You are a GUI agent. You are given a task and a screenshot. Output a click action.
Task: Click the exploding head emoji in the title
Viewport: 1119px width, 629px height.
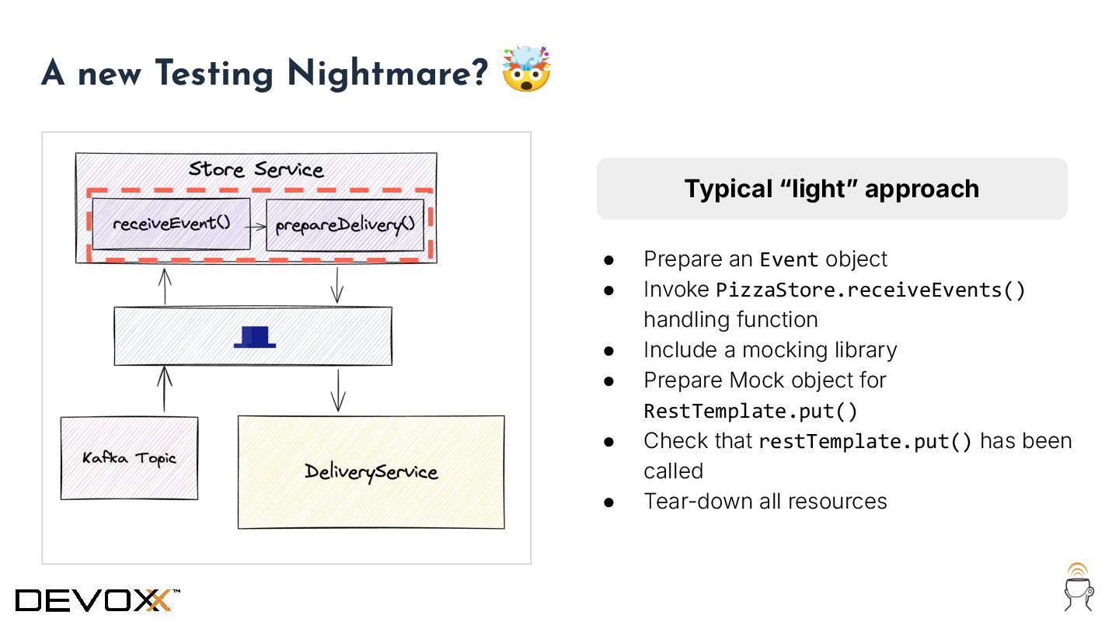click(526, 69)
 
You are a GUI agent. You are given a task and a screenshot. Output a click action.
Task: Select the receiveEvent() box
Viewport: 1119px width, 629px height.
click(172, 224)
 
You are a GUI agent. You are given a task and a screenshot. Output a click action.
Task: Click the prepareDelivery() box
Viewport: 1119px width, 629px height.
click(345, 225)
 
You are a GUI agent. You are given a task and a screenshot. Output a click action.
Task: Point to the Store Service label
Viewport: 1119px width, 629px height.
click(256, 169)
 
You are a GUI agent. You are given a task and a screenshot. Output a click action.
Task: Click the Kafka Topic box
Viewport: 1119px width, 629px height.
click(130, 458)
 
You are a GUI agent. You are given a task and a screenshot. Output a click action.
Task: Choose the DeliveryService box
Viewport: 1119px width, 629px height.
click(371, 471)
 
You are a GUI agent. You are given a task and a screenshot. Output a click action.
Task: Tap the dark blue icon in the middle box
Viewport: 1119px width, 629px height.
click(255, 336)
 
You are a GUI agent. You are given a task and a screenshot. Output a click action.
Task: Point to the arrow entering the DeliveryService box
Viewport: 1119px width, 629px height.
click(337, 391)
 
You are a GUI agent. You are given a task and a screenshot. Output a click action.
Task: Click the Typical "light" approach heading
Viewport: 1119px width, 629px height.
click(831, 189)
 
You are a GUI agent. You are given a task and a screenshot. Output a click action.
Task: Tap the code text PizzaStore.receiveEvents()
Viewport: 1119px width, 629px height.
click(870, 290)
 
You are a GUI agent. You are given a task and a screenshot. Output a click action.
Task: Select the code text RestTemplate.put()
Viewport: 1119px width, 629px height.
click(751, 411)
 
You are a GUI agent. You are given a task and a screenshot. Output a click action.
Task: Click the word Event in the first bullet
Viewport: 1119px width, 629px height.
click(789, 259)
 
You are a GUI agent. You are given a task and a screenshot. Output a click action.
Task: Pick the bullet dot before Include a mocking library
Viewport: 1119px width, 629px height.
click(609, 350)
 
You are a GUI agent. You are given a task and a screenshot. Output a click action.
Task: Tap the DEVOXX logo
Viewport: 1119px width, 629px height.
click(98, 599)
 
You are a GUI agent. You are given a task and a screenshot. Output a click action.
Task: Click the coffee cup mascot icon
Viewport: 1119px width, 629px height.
click(1079, 587)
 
